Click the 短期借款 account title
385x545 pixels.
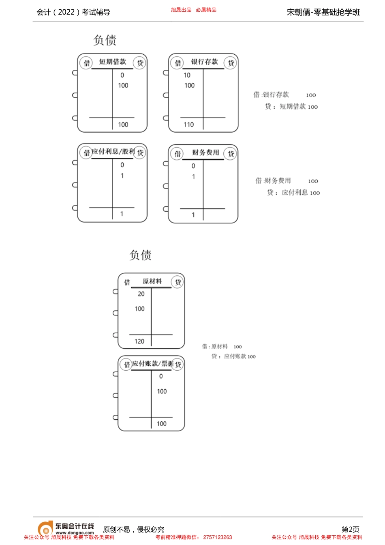click(113, 62)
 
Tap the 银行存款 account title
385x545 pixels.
click(204, 62)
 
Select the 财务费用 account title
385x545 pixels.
click(205, 153)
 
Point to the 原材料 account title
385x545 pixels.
click(152, 281)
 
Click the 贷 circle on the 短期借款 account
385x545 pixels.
click(140, 63)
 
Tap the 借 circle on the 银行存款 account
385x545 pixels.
click(178, 63)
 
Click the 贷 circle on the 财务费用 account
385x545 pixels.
click(231, 154)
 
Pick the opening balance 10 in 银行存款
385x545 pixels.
click(187, 75)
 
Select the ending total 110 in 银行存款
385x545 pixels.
click(188, 125)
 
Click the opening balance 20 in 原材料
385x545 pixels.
click(141, 294)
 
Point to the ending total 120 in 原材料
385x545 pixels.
click(139, 341)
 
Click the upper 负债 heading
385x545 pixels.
click(105, 40)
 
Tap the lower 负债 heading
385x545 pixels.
click(141, 255)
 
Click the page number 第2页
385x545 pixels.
click(350, 529)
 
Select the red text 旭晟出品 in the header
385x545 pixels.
click(181, 10)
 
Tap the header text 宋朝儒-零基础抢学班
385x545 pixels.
click(323, 12)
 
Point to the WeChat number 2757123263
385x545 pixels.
click(218, 537)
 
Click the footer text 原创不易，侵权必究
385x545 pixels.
click(134, 530)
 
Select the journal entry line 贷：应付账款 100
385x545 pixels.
click(233, 356)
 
